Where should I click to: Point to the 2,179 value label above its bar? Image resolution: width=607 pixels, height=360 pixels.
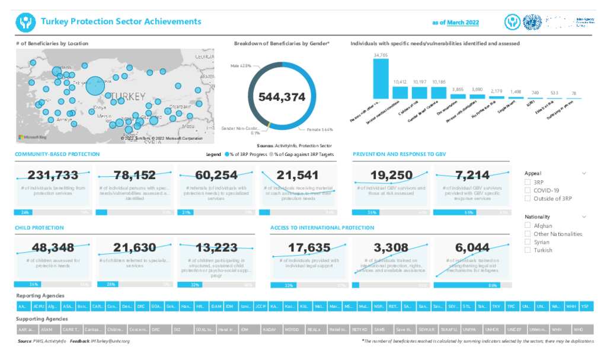[496, 91]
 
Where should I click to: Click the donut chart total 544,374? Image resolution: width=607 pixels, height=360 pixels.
[281, 97]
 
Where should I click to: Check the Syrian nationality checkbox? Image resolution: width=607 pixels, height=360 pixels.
[528, 242]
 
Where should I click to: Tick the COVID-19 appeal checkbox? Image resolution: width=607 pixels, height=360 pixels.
[528, 190]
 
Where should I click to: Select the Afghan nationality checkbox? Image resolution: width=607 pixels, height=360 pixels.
[528, 226]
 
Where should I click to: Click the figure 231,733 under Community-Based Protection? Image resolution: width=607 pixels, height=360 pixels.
[53, 175]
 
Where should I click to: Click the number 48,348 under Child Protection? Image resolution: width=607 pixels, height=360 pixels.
[53, 247]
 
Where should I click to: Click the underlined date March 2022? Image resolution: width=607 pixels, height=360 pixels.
[463, 23]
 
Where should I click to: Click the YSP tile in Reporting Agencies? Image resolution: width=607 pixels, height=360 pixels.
[585, 307]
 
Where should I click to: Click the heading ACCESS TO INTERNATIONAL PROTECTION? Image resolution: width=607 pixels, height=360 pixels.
[322, 228]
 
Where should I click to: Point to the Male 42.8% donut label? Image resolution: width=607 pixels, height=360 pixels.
[241, 65]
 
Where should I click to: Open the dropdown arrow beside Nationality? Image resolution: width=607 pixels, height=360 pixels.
[584, 217]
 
